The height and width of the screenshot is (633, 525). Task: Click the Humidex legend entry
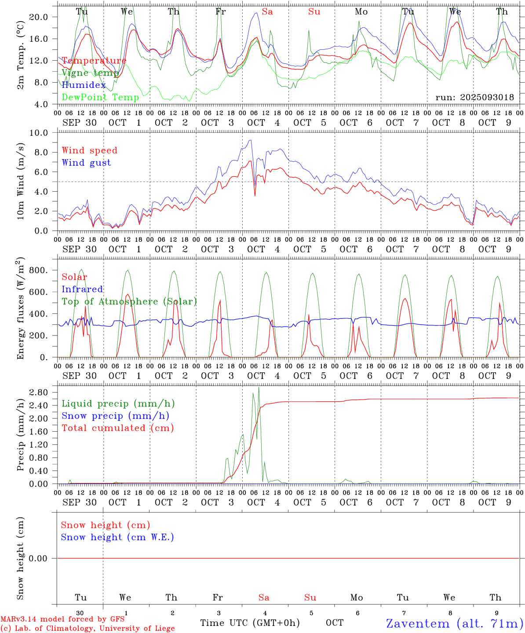coord(84,85)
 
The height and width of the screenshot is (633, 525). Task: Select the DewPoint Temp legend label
coord(100,97)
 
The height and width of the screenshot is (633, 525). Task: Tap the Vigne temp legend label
coord(90,73)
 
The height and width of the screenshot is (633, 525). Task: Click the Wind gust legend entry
coord(86,163)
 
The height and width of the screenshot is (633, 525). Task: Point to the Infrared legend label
coord(82,289)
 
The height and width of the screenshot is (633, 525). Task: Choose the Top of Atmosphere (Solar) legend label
coord(129,302)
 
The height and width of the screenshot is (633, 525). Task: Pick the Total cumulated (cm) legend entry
coord(117,428)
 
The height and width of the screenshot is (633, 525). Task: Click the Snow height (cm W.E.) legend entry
coord(117,537)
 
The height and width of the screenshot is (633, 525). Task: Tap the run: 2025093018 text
coord(474,97)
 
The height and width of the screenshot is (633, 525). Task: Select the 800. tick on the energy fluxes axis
coord(37,270)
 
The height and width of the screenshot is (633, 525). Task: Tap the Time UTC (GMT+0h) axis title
coord(250,622)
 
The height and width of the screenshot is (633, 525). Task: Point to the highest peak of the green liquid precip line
coord(259,387)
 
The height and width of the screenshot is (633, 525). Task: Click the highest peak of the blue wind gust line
coord(250,140)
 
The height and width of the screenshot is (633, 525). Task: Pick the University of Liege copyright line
coord(87,628)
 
